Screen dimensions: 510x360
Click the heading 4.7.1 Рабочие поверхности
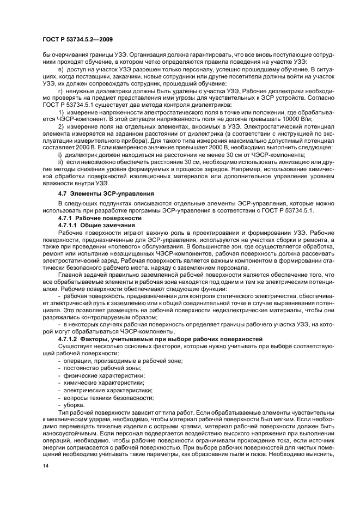point(92,217)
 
